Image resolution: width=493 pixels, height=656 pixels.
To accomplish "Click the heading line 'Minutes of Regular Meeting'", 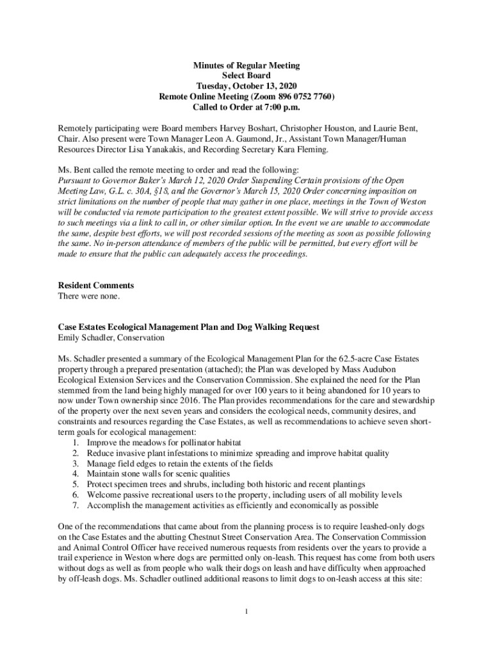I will [247, 66].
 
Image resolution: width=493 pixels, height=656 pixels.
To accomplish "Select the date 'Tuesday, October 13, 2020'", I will [247, 86].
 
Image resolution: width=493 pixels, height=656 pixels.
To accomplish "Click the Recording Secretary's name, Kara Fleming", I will [304, 149].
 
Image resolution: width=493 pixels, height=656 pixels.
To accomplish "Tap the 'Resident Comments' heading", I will [96, 285].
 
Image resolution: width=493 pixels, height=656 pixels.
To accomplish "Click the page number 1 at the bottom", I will [247, 611].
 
